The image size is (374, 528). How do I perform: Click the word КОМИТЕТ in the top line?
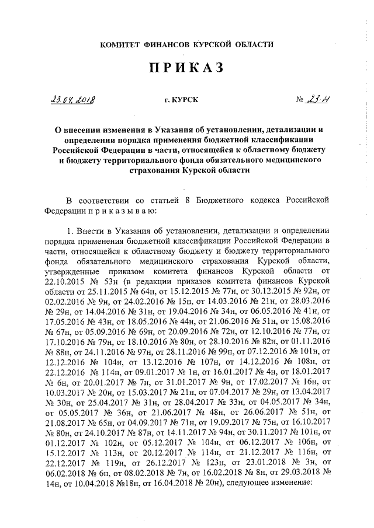122,44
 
